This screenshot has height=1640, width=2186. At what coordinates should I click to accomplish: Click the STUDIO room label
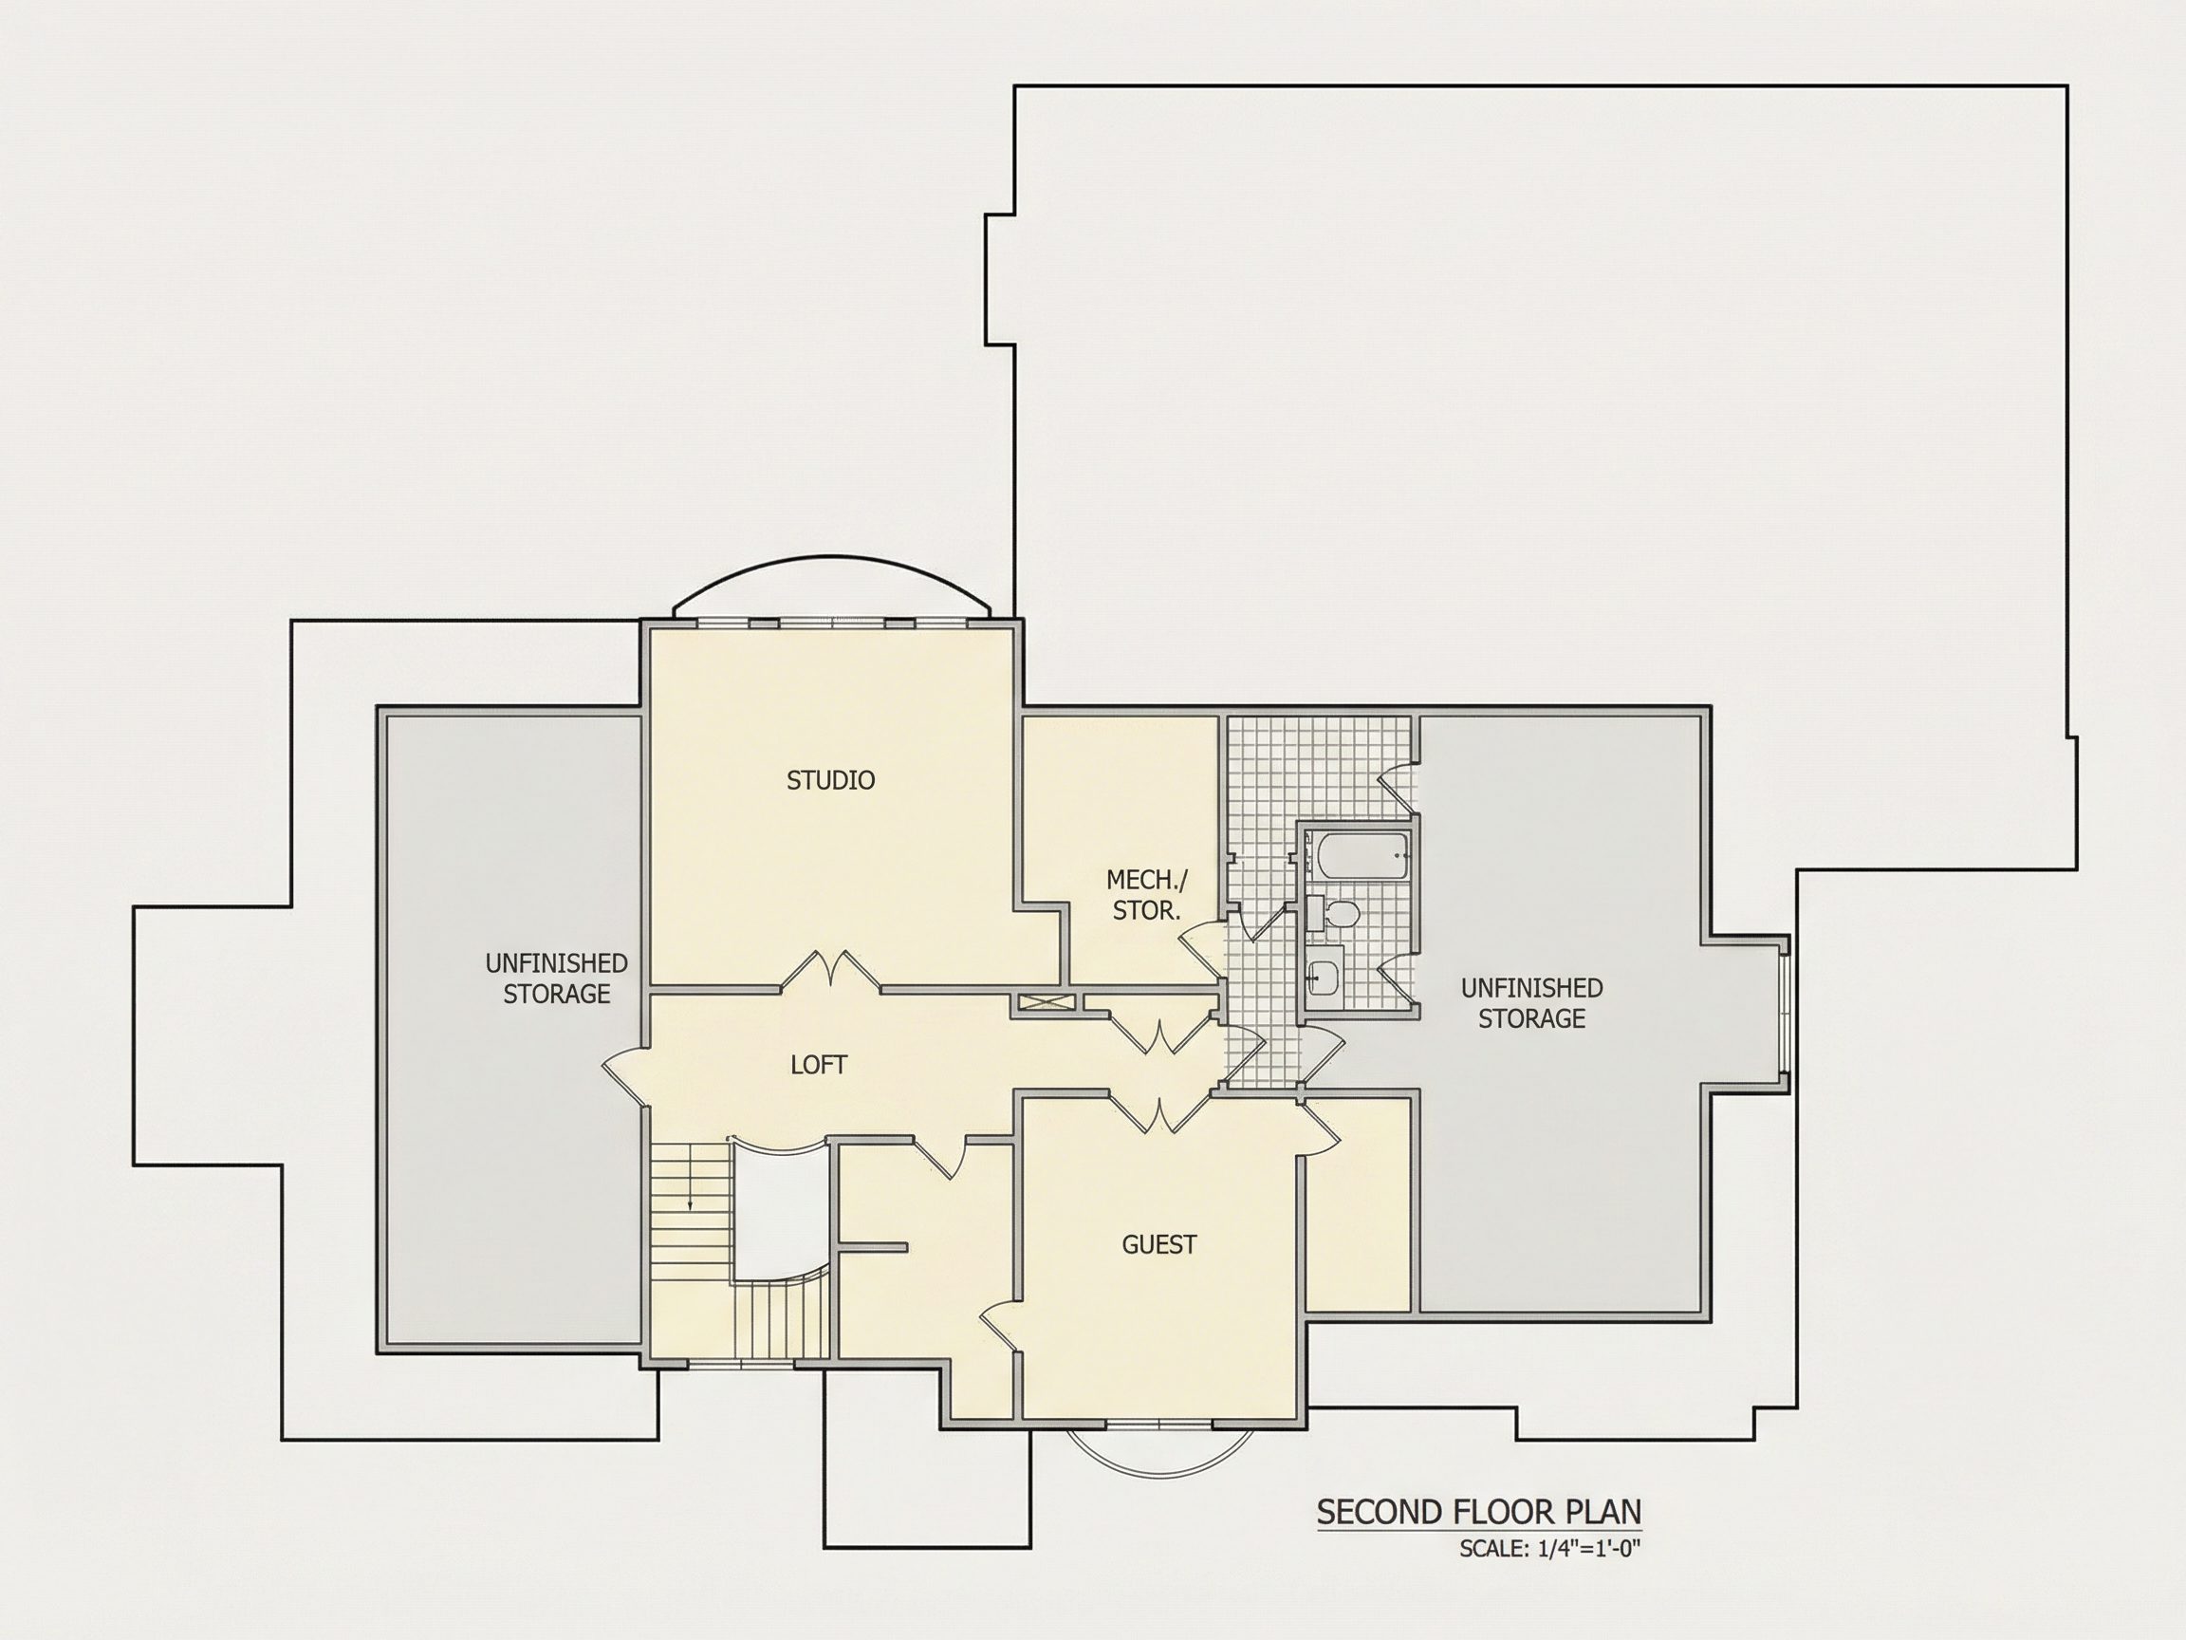point(830,780)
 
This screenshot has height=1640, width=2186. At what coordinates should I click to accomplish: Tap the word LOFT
point(818,1065)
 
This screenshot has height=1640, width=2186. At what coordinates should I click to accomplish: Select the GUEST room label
point(1159,1244)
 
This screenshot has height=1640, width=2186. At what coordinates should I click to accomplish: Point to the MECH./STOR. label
point(1147,895)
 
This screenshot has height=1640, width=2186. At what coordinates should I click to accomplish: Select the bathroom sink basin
point(1323,978)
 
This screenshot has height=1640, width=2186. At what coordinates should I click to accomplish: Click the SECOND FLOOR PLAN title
point(1478,1512)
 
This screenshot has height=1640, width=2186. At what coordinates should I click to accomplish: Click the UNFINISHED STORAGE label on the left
point(556,978)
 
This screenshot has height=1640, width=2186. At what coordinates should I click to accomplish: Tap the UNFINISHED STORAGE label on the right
point(1531,1002)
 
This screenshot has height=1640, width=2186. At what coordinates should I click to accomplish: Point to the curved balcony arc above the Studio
point(830,558)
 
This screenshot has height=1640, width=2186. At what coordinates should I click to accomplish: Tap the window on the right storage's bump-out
point(1784,1013)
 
